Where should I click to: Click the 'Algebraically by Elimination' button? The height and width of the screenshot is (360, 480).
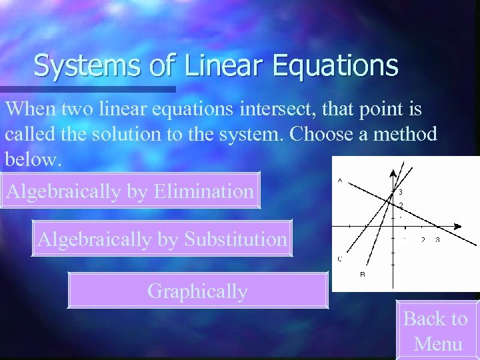(129, 192)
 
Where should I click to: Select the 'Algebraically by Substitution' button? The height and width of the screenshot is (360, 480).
(162, 239)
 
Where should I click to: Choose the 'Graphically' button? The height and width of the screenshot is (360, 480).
(198, 291)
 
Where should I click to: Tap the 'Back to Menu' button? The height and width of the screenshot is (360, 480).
(436, 331)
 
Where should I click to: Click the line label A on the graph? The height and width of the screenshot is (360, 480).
(340, 181)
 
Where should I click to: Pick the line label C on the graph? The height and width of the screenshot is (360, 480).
(340, 258)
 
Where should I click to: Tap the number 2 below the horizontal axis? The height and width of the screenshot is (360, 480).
(423, 239)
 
